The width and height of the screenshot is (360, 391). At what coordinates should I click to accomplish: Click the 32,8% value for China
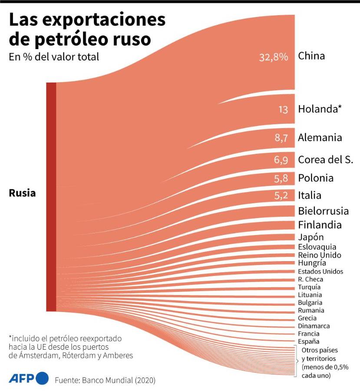274,57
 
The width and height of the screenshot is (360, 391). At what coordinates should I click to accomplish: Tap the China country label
311,56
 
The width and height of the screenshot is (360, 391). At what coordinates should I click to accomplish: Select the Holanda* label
320,109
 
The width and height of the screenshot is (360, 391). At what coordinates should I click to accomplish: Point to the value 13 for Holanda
283,109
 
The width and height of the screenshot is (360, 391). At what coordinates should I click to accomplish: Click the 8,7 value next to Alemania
281,138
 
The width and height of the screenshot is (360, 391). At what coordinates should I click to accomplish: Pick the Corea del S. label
325,159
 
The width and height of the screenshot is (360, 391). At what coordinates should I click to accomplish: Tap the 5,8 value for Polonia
281,178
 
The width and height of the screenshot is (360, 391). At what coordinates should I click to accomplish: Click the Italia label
310,195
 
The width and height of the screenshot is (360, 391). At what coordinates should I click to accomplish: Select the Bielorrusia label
323,211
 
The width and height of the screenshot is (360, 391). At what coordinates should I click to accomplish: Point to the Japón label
311,237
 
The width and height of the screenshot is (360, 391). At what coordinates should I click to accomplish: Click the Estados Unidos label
320,272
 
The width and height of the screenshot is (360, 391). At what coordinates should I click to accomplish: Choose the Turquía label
309,287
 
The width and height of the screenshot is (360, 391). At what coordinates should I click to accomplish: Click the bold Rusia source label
22,193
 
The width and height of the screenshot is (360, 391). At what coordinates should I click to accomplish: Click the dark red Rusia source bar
51,196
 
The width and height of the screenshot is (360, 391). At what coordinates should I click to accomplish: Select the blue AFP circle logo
42,378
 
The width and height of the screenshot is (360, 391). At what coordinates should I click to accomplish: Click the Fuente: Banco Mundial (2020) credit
105,380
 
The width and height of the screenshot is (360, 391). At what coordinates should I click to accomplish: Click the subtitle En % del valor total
54,57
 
